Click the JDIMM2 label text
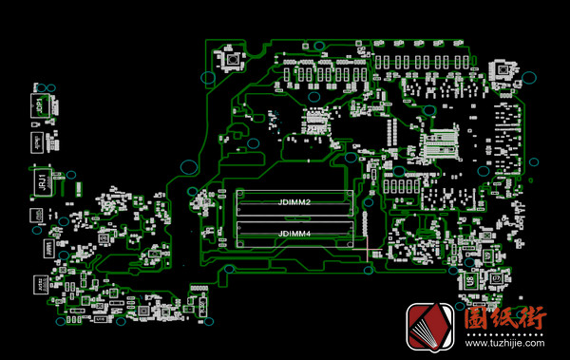pos(295,202)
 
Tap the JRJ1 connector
pos(43,180)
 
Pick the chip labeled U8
pos(468,281)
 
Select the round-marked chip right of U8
pos(495,279)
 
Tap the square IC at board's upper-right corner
pos(500,69)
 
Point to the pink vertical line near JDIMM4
pos(367,241)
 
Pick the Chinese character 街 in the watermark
pos(534,320)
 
